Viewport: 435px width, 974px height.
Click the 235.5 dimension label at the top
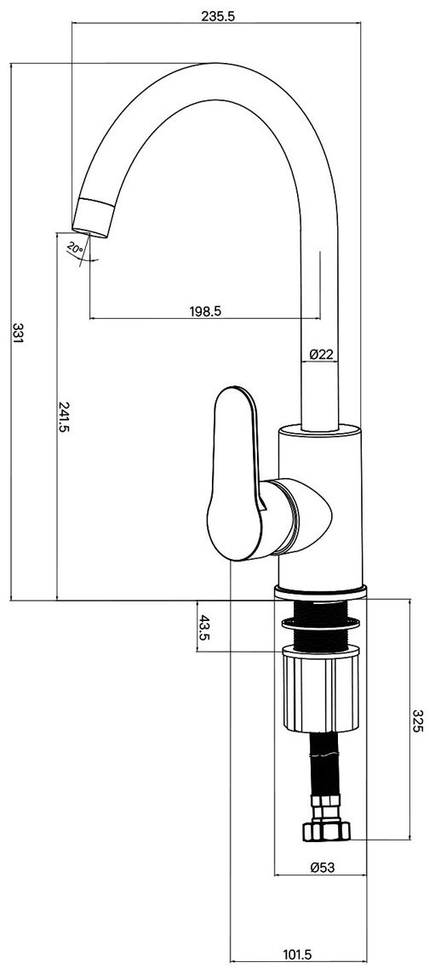click(x=218, y=17)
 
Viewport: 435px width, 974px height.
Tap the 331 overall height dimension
click(x=18, y=333)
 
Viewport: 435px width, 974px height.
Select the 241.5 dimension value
click(x=63, y=416)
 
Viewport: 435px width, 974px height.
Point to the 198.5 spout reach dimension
click(x=205, y=310)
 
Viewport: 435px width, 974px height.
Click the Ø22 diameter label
click(x=321, y=354)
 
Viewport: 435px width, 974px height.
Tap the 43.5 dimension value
click(x=203, y=627)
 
